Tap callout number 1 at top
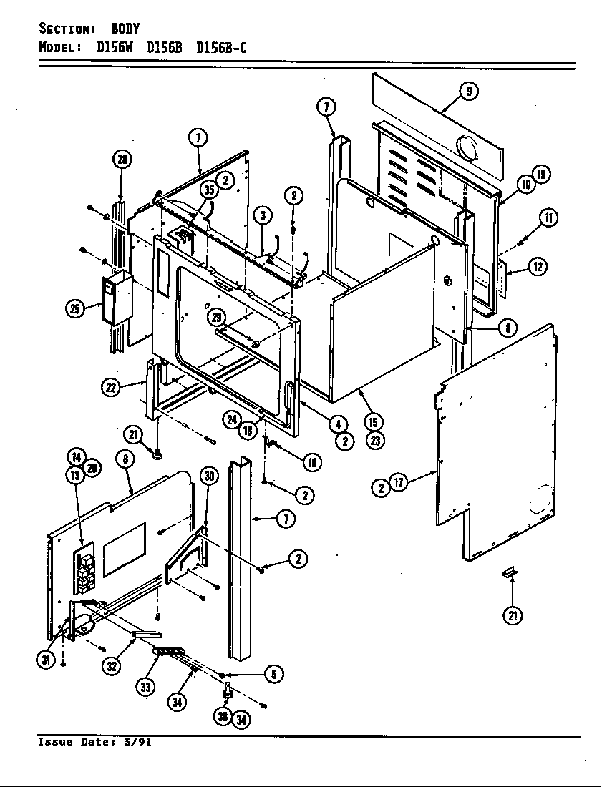click(198, 137)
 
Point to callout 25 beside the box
click(74, 309)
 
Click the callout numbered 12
click(538, 267)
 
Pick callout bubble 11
click(549, 217)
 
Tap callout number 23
click(374, 441)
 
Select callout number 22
click(110, 387)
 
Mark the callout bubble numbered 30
click(208, 479)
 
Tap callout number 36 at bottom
click(223, 716)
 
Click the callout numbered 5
click(273, 673)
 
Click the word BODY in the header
click(125, 29)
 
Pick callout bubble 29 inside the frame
click(215, 317)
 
